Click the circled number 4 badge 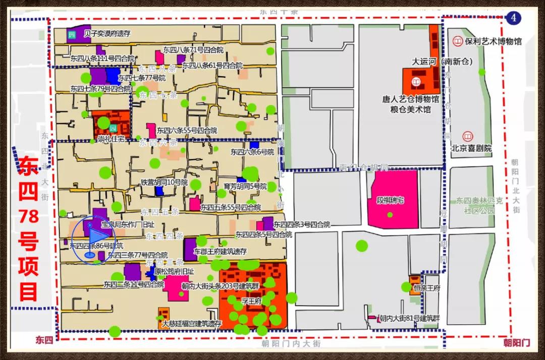click(514, 18)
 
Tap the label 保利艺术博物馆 click(493, 41)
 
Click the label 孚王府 click(251, 302)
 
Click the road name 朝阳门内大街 click(291, 344)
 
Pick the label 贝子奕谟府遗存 click(107, 34)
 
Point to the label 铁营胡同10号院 click(164, 182)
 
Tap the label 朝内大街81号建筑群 click(410, 318)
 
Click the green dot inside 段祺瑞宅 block click(390, 215)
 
